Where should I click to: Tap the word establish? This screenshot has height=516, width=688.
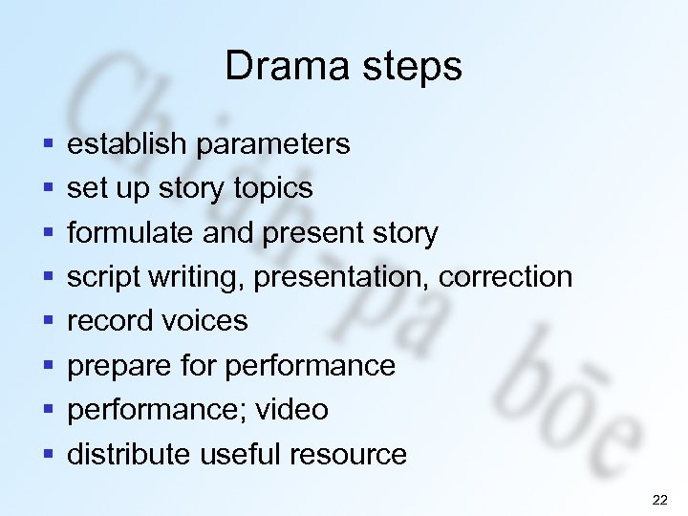[127, 144]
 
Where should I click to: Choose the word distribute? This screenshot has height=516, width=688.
[129, 454]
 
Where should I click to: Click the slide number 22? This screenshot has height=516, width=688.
[659, 500]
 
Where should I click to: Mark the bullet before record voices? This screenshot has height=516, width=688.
[47, 322]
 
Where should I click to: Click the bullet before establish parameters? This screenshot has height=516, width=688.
[47, 145]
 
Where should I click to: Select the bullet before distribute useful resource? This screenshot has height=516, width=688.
[47, 455]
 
